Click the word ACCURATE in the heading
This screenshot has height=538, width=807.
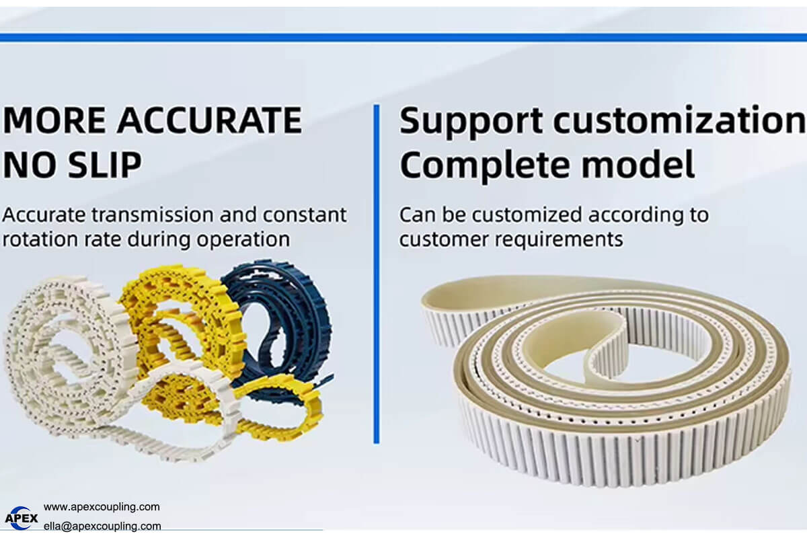click(209, 120)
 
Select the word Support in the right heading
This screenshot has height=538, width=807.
click(471, 122)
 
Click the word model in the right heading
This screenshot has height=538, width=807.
click(638, 164)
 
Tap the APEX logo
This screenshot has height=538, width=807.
click(22, 518)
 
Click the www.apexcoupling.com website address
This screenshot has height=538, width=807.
click(102, 507)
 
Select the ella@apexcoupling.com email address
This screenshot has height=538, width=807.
click(102, 526)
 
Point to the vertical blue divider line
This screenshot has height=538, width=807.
click(377, 274)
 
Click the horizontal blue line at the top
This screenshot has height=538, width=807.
click(403, 38)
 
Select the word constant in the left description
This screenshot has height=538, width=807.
click(305, 215)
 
